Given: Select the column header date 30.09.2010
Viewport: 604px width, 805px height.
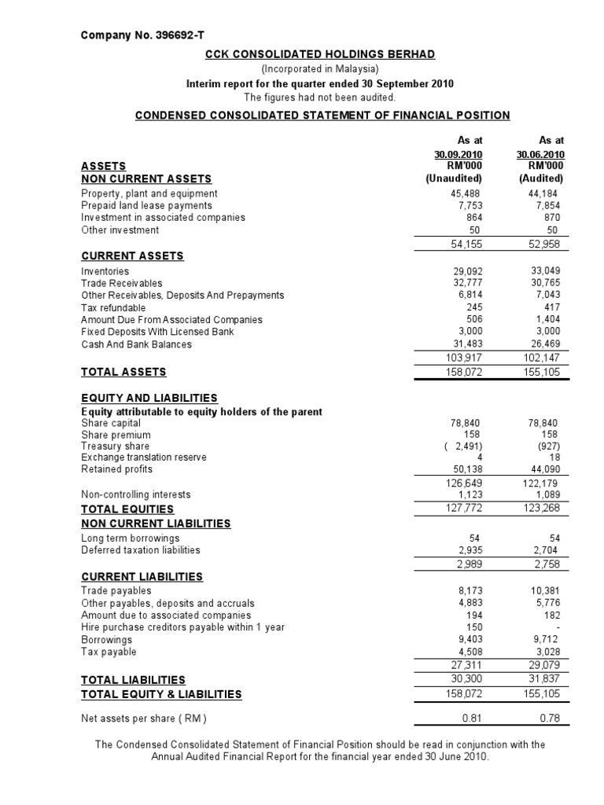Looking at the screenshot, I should coord(458,154).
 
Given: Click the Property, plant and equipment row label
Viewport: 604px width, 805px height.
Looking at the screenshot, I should coord(149,193).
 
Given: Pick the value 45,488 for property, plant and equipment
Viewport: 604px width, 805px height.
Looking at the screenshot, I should coord(466,193).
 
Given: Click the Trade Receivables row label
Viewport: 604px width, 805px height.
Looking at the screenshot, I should coord(122,283).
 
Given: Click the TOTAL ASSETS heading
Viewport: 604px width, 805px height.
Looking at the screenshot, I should coord(123,372).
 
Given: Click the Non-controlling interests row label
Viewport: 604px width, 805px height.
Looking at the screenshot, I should coord(136,495).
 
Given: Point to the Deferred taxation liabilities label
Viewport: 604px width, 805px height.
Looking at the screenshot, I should coord(141,550).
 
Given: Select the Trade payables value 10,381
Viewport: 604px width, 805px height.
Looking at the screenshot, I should coord(543,590).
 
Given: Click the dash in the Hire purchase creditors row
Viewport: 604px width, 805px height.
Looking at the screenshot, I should coord(556,627).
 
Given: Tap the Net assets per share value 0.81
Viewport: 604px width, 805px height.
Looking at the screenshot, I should coord(470,719).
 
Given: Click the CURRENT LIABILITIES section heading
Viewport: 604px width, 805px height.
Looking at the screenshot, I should coord(142,576).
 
